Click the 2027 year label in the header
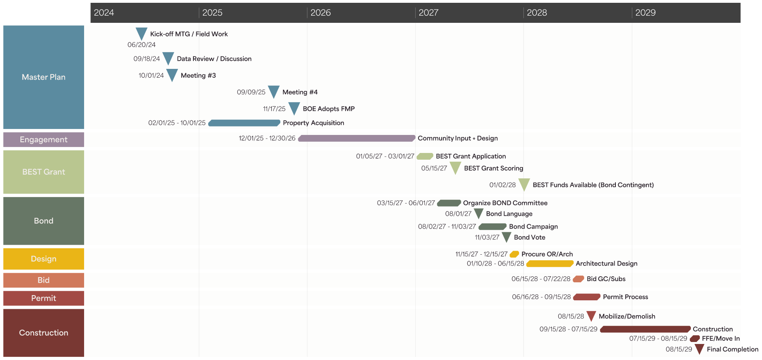click(428, 13)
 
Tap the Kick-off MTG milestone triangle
click(141, 33)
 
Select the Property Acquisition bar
click(244, 123)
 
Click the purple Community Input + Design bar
click(356, 138)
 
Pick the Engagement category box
click(44, 140)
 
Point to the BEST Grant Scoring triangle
click(455, 167)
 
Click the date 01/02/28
click(502, 185)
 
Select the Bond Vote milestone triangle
click(507, 237)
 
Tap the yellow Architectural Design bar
click(550, 263)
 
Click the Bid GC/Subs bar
click(578, 279)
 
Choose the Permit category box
click(44, 298)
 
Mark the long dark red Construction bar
click(645, 329)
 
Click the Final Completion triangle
click(699, 348)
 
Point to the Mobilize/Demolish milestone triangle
click(591, 316)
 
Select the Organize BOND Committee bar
click(449, 203)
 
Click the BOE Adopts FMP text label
click(328, 109)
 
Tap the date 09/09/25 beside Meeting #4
click(251, 92)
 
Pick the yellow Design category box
click(44, 259)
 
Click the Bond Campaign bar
click(493, 227)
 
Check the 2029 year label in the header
click(645, 13)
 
